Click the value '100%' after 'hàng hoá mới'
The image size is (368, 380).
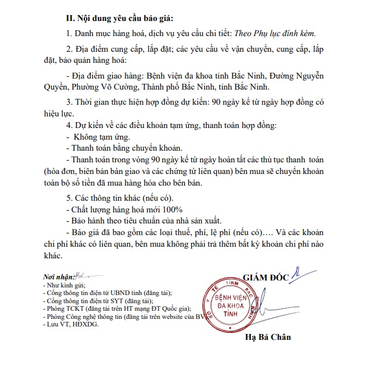173,209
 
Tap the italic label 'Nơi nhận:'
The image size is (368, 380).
58,275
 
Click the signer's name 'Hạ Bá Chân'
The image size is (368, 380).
268,336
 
